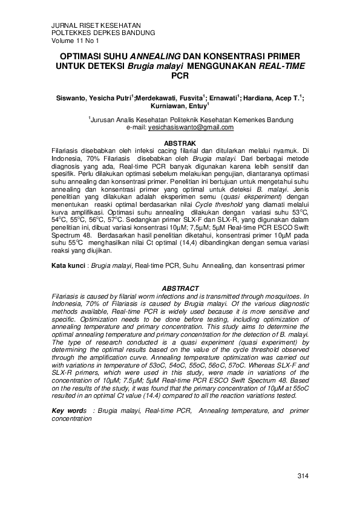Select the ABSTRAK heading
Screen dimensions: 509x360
tap(180, 142)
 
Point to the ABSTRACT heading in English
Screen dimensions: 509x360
tap(180, 288)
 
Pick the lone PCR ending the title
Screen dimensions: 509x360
tap(180, 76)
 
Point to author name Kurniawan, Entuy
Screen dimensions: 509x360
tap(176, 105)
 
